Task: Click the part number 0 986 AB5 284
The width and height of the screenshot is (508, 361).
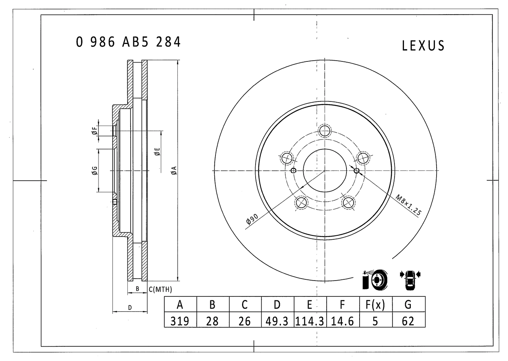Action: pyautogui.click(x=128, y=42)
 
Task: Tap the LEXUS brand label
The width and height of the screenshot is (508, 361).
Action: pyautogui.click(x=423, y=46)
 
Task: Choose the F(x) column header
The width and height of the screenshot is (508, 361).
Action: pyautogui.click(x=375, y=305)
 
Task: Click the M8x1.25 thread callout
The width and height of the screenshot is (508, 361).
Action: pyautogui.click(x=408, y=205)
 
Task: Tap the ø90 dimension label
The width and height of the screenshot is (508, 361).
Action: pyautogui.click(x=252, y=219)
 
